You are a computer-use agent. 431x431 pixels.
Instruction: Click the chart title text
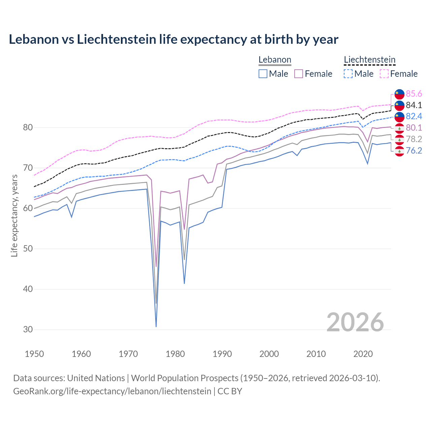pos(173,39)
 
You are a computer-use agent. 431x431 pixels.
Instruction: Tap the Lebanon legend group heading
pos(275,60)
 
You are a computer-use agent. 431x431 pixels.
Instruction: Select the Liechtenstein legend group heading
pos(369,60)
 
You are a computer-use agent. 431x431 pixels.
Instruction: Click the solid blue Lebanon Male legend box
pos(263,74)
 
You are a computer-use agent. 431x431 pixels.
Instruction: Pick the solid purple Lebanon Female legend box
pos(299,74)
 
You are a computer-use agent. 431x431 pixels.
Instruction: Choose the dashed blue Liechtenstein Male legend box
pos(348,74)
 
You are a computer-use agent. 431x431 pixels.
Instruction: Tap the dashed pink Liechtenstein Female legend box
pos(384,74)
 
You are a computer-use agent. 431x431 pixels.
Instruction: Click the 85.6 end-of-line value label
pos(414,94)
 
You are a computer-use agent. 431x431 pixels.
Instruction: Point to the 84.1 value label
pos(414,105)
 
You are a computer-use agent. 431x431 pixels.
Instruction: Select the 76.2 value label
pos(414,151)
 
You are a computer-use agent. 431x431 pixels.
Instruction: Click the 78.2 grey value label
pos(414,139)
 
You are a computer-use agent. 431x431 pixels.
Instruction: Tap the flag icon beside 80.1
pos(399,128)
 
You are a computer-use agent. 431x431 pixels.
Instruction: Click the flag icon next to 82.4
pos(399,117)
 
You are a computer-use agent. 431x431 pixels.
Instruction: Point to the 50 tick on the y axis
pos(28,249)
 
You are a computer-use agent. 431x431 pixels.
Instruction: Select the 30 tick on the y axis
pos(28,330)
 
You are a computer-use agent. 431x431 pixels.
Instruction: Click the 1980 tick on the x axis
pos(175,354)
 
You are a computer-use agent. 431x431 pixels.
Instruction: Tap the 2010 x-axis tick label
pos(316,354)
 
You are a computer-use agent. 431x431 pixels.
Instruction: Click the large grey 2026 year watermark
pos(355,322)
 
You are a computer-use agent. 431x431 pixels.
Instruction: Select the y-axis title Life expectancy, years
pos(14,215)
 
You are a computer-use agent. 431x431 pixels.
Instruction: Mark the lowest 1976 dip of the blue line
pos(156,326)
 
